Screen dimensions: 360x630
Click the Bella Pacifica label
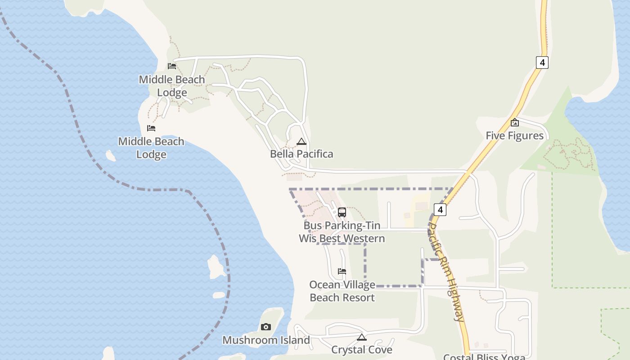pos(301,154)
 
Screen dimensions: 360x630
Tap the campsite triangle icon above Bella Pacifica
pos(301,142)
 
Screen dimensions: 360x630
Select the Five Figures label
pos(514,135)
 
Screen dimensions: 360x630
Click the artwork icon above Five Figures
pos(515,122)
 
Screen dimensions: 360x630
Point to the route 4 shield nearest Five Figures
pos(542,62)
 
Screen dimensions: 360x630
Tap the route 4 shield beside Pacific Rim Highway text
pos(440,209)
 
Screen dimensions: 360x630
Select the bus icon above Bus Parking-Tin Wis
pos(342,212)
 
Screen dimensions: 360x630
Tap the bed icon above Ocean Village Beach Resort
pos(342,271)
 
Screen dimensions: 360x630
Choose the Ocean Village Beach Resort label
pos(342,291)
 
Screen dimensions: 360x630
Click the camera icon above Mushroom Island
pos(266,327)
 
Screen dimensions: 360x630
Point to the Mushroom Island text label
pos(266,340)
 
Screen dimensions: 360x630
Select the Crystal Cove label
pos(362,350)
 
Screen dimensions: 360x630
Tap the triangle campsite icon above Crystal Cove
pos(362,337)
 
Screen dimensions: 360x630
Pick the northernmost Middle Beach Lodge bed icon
pos(172,66)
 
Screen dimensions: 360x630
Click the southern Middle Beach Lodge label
pos(151,148)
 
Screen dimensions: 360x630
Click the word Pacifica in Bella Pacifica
pos(314,154)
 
